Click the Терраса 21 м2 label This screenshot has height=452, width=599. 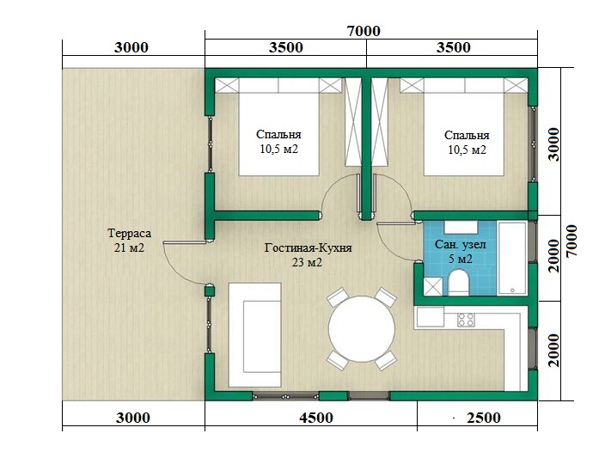click(x=129, y=241)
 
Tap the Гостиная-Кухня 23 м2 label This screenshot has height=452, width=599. click(x=308, y=255)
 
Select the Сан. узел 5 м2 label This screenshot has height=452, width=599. click(x=460, y=252)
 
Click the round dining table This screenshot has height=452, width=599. click(x=362, y=329)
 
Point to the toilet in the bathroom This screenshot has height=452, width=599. click(x=458, y=283)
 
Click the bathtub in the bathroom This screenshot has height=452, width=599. click(x=512, y=258)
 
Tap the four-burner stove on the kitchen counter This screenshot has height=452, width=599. click(x=466, y=320)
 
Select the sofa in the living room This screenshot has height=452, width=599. click(x=254, y=335)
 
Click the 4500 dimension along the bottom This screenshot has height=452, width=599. click(x=316, y=418)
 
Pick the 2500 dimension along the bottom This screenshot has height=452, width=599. click(x=483, y=418)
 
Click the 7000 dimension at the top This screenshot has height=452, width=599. click(x=364, y=31)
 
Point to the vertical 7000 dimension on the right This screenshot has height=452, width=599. click(x=571, y=241)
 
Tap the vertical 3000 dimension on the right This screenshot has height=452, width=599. click(x=553, y=144)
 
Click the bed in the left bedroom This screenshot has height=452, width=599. click(x=278, y=127)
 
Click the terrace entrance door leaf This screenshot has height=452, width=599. click(x=186, y=242)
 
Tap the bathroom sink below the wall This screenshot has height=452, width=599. click(x=461, y=227)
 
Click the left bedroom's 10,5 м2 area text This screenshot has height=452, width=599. click(x=278, y=149)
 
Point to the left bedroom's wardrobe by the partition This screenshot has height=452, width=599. click(x=353, y=122)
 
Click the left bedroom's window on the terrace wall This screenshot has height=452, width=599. click(x=210, y=144)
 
